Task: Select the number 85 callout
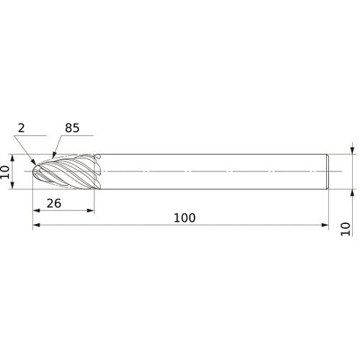(73, 127)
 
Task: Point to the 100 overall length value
(185, 217)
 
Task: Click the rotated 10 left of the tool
(6, 172)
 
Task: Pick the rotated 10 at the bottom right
(346, 228)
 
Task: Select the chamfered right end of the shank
(328, 172)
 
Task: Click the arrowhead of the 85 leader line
(54, 156)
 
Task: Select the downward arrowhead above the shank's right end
(352, 151)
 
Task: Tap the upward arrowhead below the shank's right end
(352, 193)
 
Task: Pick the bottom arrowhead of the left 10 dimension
(13, 186)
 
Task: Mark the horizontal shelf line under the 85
(80, 135)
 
